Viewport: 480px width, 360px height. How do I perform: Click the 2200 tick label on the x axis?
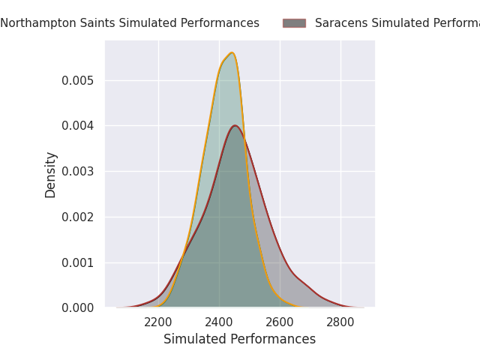[x=158, y=322]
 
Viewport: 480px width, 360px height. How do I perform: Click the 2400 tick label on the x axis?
[x=219, y=322]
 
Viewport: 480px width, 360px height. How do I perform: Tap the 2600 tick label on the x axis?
[x=280, y=322]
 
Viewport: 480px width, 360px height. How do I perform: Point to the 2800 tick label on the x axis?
[x=340, y=322]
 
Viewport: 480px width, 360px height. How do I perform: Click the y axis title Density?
[x=51, y=175]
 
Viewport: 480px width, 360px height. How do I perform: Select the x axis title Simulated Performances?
[x=239, y=340]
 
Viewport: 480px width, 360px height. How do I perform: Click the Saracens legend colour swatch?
[x=294, y=23]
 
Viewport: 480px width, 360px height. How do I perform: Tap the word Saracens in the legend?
[x=340, y=23]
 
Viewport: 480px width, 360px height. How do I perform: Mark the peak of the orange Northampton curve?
[x=232, y=52]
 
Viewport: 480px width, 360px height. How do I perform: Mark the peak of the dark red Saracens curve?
[x=235, y=125]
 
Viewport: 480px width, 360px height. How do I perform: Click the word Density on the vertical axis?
[x=51, y=175]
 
